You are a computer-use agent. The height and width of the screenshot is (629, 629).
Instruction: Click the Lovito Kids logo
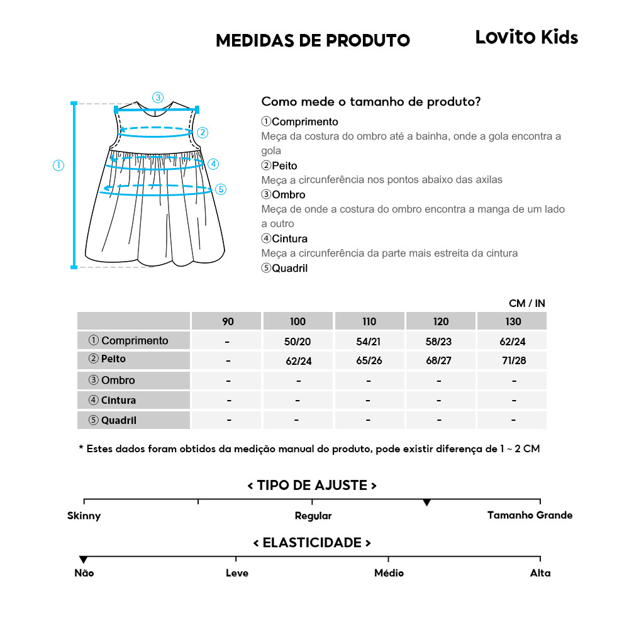pos(526,37)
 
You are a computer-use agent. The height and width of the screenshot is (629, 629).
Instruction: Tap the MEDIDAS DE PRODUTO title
pos(313,41)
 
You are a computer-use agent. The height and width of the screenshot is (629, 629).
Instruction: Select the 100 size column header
pos(298,321)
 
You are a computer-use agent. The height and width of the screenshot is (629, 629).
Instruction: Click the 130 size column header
pos(513,321)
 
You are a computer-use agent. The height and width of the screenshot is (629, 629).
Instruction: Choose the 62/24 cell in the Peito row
pos(298,361)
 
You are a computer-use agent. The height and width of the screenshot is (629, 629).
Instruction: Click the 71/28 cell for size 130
pos(513,360)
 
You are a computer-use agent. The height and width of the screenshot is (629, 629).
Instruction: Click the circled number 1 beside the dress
pos(58,165)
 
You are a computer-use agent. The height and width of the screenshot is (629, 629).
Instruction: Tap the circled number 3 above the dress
pos(158,97)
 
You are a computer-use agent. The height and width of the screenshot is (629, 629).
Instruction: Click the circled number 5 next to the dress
pos(220,189)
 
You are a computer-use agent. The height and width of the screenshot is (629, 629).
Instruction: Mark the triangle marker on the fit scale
pos(426,503)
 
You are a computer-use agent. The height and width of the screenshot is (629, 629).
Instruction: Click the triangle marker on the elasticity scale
pos(84,560)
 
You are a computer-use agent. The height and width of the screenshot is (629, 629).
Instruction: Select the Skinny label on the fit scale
pos(84,516)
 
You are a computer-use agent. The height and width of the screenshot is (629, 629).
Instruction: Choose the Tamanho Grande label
pos(530,515)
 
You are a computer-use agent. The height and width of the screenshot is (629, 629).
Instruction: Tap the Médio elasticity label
pos(389,573)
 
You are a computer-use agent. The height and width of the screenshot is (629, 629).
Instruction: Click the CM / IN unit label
pos(526,303)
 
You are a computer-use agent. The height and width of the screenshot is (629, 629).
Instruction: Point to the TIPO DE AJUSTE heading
pos(312,486)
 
